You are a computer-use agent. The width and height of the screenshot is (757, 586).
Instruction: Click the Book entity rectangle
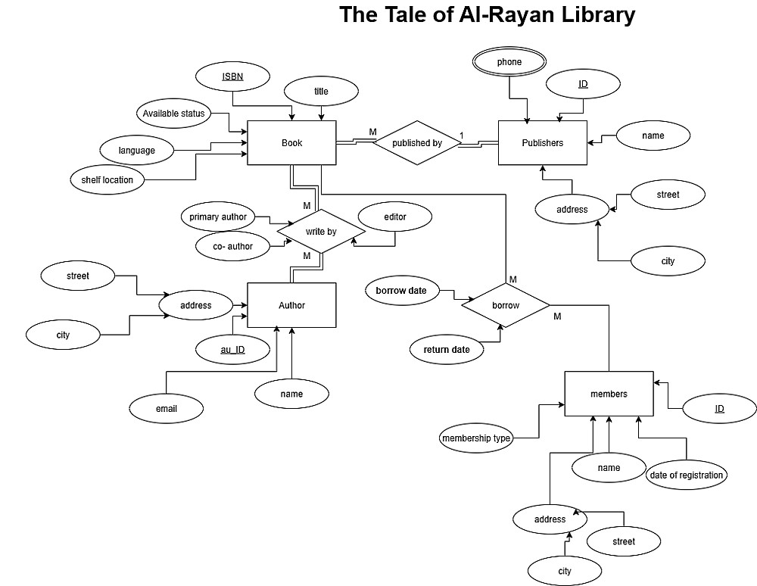click(x=291, y=142)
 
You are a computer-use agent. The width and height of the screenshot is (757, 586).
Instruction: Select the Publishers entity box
click(x=542, y=142)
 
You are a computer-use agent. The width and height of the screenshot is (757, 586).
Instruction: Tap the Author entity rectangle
click(x=291, y=305)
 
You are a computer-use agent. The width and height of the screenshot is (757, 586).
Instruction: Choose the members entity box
click(x=609, y=394)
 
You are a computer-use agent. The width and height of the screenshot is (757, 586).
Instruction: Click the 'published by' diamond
click(x=416, y=142)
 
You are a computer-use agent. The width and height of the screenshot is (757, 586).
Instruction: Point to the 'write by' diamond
click(x=321, y=231)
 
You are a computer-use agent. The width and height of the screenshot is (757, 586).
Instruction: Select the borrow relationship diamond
click(x=506, y=305)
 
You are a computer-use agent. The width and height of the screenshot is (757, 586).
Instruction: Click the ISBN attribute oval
click(x=232, y=76)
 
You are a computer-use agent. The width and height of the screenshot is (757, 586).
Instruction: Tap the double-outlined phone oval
click(x=509, y=62)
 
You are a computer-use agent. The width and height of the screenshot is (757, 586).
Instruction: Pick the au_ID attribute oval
click(x=232, y=350)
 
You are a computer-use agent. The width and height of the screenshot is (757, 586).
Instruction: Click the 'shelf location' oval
click(x=107, y=179)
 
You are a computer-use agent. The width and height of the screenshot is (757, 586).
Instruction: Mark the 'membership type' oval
click(x=476, y=438)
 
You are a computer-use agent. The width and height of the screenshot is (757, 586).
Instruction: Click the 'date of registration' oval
click(x=687, y=475)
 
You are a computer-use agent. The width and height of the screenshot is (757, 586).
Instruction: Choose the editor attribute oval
click(x=394, y=217)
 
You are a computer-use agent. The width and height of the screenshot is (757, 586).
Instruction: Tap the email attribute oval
click(x=166, y=409)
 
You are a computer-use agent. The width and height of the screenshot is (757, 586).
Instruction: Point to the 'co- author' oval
click(x=232, y=246)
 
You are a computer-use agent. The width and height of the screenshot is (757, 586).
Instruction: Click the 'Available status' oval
click(x=173, y=114)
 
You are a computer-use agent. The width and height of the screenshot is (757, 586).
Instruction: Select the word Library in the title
click(x=588, y=14)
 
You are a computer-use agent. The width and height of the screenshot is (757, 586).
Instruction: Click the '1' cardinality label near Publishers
click(x=461, y=136)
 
